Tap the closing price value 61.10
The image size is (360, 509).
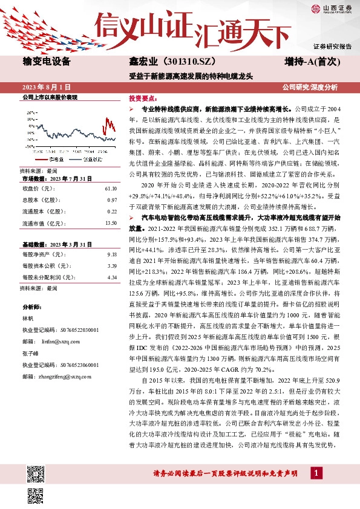(111, 188)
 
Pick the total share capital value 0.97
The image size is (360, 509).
(113, 199)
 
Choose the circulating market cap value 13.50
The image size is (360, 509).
(111, 223)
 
